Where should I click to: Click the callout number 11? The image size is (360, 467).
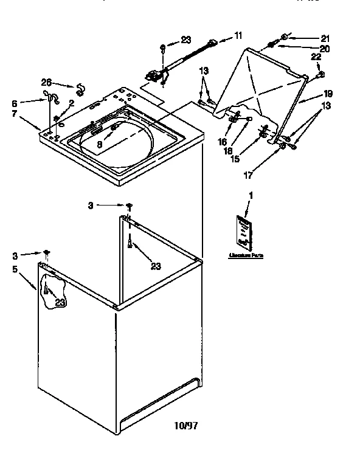tap(238, 36)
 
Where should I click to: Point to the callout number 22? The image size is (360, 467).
tap(315, 57)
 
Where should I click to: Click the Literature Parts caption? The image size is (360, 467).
tap(246, 255)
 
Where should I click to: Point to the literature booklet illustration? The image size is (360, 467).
tap(243, 232)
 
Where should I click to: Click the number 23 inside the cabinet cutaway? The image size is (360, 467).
tap(59, 302)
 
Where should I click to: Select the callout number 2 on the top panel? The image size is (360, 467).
tap(71, 103)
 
